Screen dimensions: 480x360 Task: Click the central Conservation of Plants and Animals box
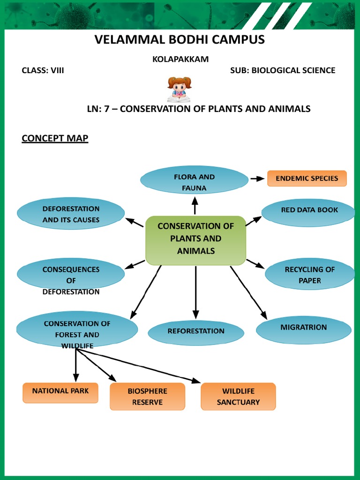click(x=195, y=240)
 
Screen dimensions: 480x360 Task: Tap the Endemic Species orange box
click(x=307, y=179)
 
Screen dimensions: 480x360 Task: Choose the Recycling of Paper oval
click(x=309, y=275)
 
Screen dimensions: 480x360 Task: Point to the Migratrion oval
click(x=304, y=329)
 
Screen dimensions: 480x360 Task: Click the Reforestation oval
click(x=196, y=332)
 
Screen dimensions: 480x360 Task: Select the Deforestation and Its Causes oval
click(x=71, y=214)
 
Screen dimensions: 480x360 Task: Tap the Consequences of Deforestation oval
click(x=71, y=277)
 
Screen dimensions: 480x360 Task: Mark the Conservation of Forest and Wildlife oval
click(x=77, y=331)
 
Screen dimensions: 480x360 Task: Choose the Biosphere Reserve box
click(x=147, y=397)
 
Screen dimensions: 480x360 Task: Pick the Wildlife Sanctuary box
click(x=238, y=397)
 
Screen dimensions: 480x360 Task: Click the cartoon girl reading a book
click(x=179, y=89)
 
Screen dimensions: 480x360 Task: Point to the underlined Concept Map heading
click(x=55, y=138)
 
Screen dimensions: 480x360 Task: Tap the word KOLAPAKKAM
click(x=180, y=59)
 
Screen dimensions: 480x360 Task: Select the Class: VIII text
click(x=43, y=70)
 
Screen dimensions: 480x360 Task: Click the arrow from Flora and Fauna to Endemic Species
click(x=257, y=179)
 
